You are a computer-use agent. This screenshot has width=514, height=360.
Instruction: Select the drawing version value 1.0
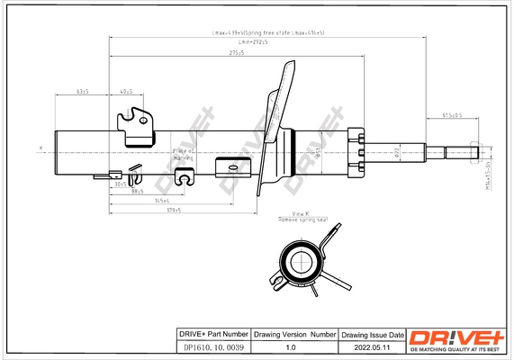(x=291, y=345)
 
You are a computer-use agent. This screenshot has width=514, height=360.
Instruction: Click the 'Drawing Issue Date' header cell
(x=372, y=333)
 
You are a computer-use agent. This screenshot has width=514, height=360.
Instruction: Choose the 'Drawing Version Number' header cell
(x=295, y=333)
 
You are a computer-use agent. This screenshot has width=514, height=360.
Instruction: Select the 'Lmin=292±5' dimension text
(x=255, y=42)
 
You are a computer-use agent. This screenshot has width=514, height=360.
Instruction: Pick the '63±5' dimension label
(x=84, y=91)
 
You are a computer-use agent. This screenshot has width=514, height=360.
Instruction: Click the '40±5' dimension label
(x=126, y=91)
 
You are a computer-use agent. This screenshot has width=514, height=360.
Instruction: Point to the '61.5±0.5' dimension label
(x=453, y=114)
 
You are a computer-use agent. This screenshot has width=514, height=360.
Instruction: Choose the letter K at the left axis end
(x=41, y=147)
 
